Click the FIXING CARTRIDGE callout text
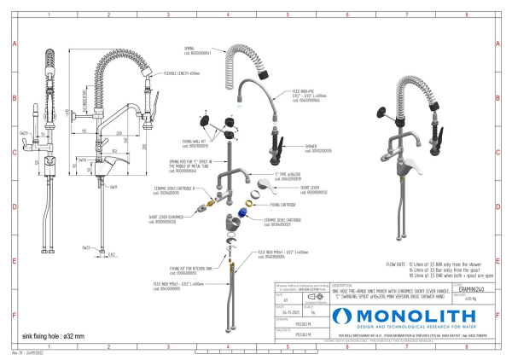point(282,205)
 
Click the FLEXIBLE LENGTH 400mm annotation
point(180,73)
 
